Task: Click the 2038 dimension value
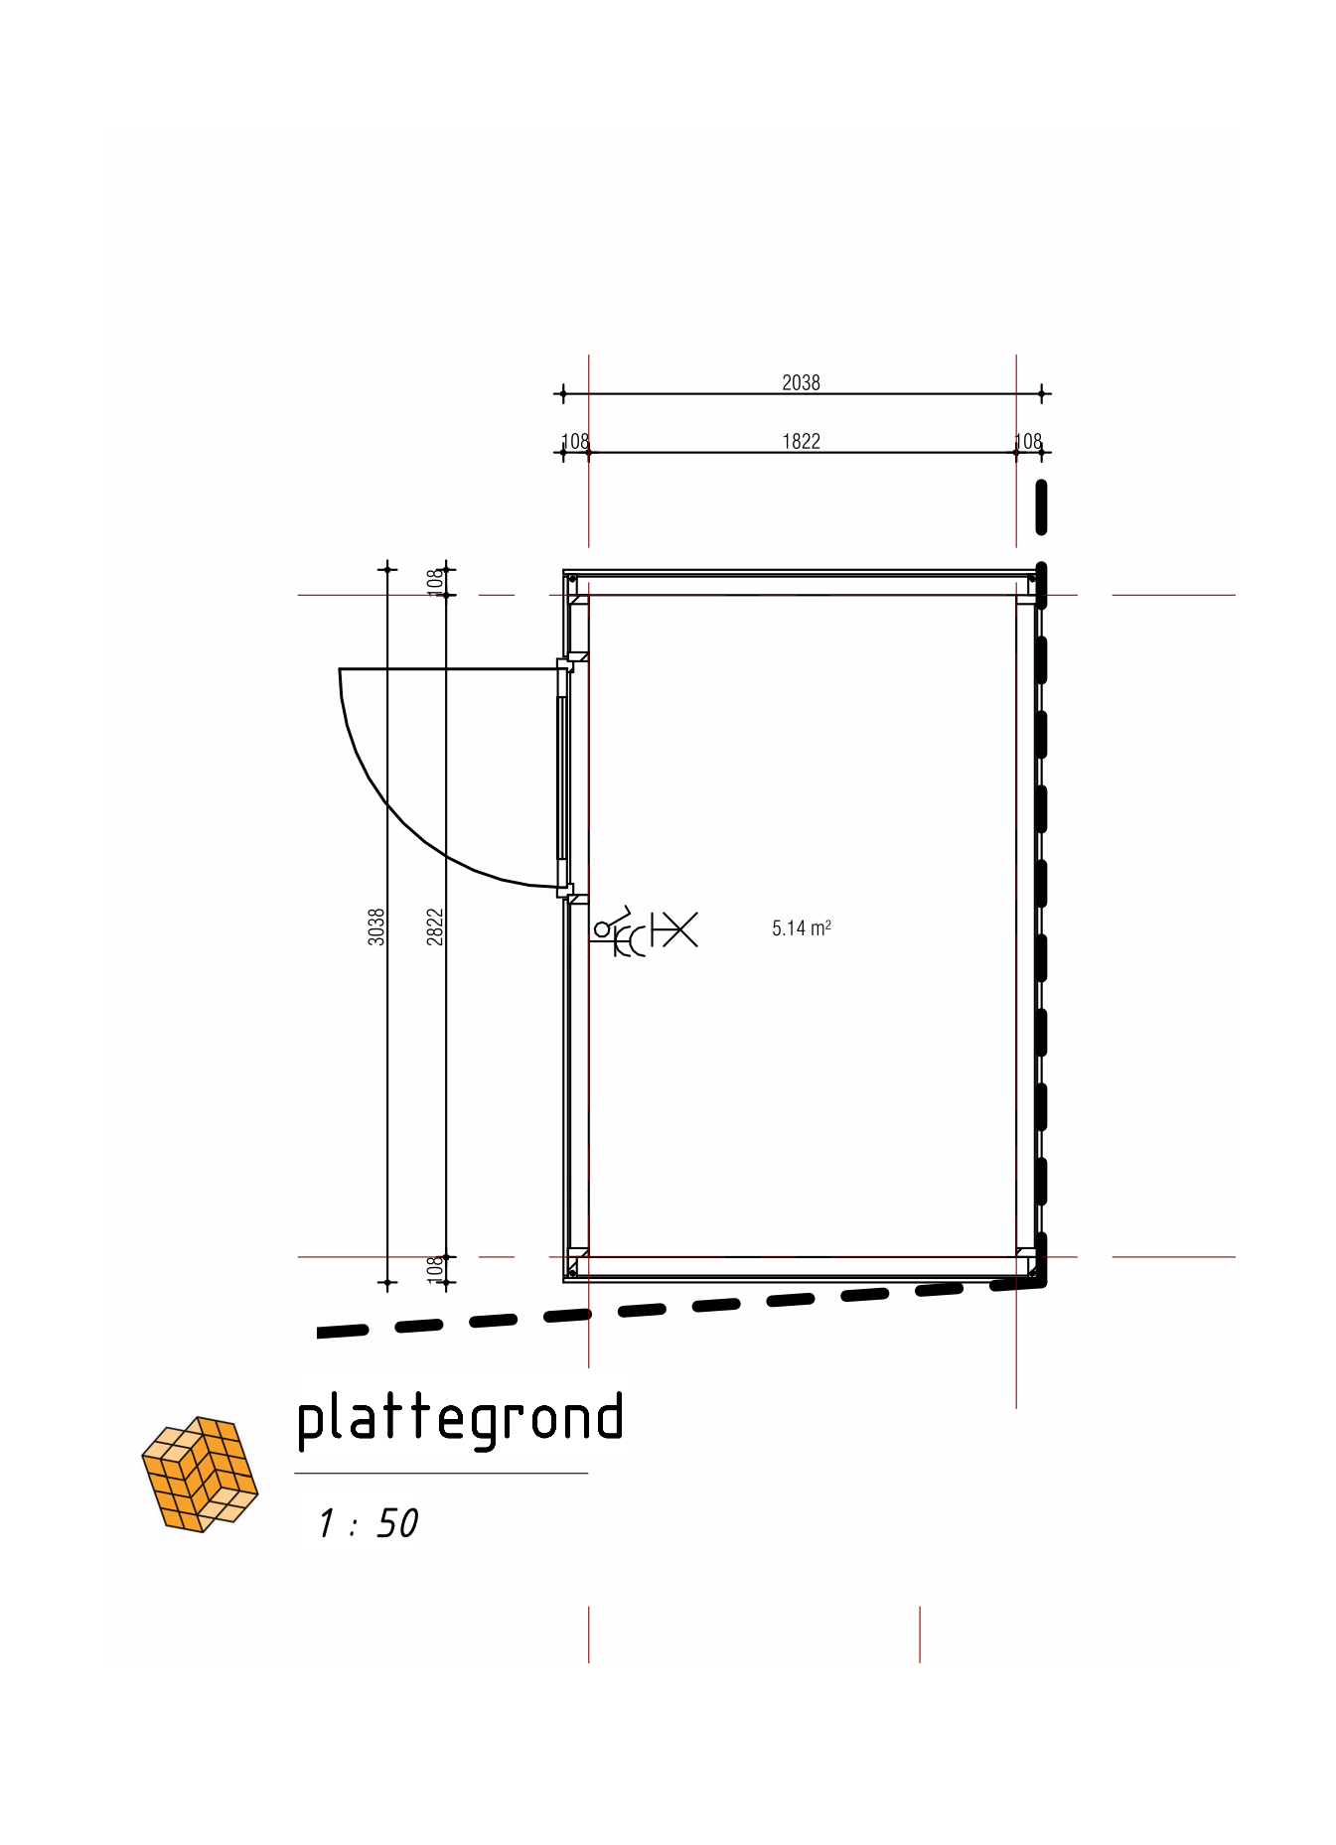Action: [801, 382]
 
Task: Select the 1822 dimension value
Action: [801, 441]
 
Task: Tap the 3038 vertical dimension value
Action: [376, 926]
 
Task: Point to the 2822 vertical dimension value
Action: [435, 926]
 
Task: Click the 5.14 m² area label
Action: [802, 928]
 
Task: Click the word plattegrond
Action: [460, 1420]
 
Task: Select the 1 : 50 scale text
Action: [369, 1523]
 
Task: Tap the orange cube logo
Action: [200, 1475]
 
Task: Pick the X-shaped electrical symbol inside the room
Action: [679, 929]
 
